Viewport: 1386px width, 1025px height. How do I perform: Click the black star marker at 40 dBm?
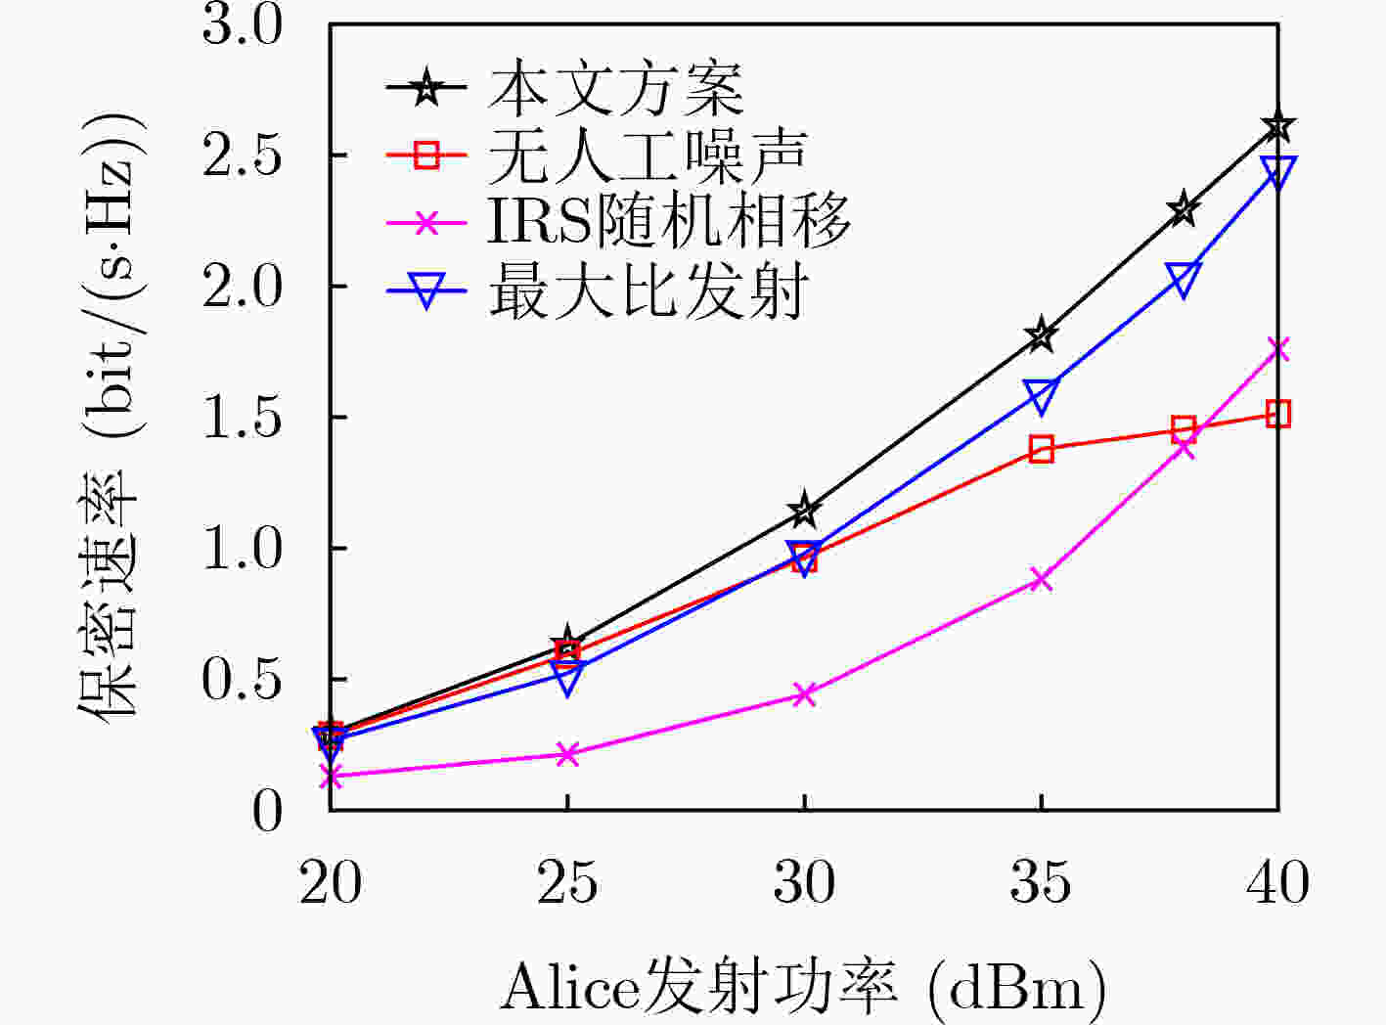pyautogui.click(x=1277, y=125)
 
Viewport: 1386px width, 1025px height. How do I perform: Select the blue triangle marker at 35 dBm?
pyautogui.click(x=1041, y=395)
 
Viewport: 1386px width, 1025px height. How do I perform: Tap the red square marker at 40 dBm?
pyautogui.click(x=1277, y=414)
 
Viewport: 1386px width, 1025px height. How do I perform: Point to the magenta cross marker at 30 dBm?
pyautogui.click(x=804, y=693)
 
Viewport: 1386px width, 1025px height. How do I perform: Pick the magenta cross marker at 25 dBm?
pyautogui.click(x=566, y=754)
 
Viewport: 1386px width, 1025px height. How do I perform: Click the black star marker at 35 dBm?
pyautogui.click(x=1041, y=334)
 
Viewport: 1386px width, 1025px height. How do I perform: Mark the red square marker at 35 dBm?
pyautogui.click(x=1041, y=449)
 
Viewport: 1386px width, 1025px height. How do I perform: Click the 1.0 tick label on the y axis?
pyautogui.click(x=243, y=548)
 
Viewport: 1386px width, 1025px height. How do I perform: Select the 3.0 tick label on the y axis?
pyautogui.click(x=243, y=25)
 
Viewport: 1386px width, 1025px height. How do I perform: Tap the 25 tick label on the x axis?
pyautogui.click(x=566, y=882)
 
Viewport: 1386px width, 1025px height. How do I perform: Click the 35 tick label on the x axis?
pyautogui.click(x=1041, y=882)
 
